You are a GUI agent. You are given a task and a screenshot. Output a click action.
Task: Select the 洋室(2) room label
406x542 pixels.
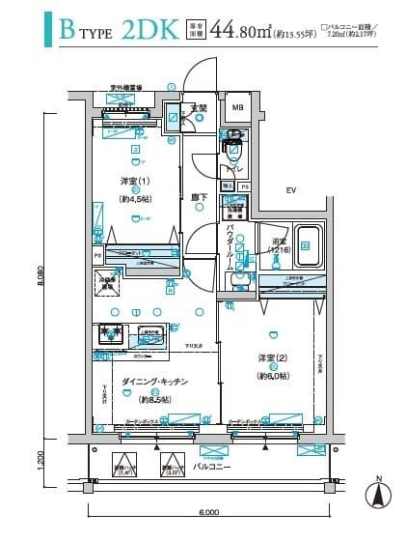pos(271,358)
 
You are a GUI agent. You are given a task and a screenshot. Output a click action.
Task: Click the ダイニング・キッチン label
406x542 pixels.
pos(154,383)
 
